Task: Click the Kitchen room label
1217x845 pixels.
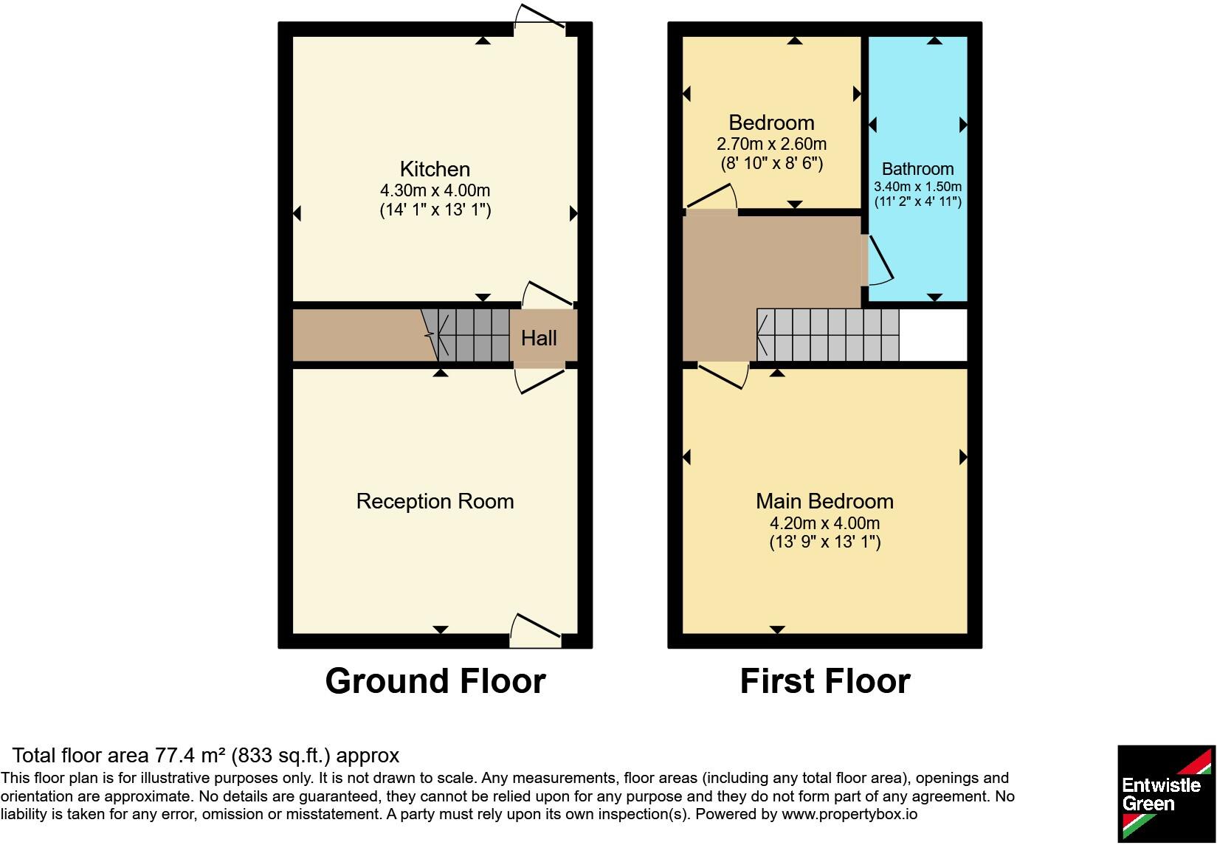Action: pyautogui.click(x=435, y=169)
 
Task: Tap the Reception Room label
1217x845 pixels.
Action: pyautogui.click(x=435, y=501)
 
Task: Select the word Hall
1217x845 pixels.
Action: pyautogui.click(x=539, y=338)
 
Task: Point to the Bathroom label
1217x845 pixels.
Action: pyautogui.click(x=917, y=169)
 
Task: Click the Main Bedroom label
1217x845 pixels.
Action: pyautogui.click(x=824, y=501)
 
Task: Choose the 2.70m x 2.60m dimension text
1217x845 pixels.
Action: pyautogui.click(x=771, y=144)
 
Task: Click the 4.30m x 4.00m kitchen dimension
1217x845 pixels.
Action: pyautogui.click(x=435, y=190)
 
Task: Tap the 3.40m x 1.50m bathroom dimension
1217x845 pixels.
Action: pyautogui.click(x=917, y=187)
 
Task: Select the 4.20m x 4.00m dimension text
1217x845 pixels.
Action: pyautogui.click(x=824, y=522)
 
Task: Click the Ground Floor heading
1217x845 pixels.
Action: pyautogui.click(x=435, y=681)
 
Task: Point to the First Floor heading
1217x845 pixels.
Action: pyautogui.click(x=824, y=681)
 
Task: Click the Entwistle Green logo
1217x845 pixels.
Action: pyautogui.click(x=1166, y=793)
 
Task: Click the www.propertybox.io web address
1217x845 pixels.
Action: pyautogui.click(x=849, y=814)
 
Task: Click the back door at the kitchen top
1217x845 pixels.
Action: pyautogui.click(x=540, y=17)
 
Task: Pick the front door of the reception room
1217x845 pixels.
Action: pyautogui.click(x=536, y=630)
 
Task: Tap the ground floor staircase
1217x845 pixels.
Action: pyautogui.click(x=466, y=335)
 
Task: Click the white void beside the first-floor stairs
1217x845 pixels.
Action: pyautogui.click(x=934, y=335)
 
